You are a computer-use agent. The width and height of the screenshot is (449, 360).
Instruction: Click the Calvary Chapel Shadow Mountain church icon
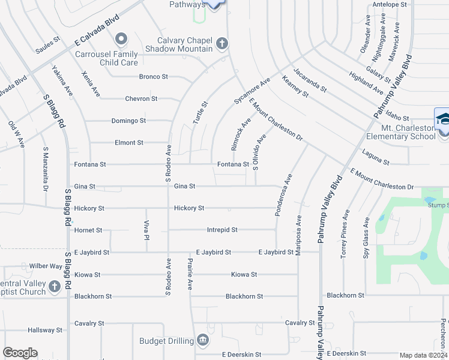[x=222, y=43]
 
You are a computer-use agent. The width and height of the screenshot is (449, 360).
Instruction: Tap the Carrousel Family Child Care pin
[x=121, y=40]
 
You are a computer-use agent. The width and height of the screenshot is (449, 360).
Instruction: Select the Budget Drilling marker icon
[x=203, y=341]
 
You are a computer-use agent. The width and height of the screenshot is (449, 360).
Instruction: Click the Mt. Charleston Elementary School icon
[x=442, y=118]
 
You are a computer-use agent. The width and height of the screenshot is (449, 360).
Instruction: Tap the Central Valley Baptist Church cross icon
[x=55, y=286]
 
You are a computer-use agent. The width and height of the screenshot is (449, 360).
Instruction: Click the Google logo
[x=20, y=353]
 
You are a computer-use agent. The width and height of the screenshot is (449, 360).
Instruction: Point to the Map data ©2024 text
[x=423, y=355]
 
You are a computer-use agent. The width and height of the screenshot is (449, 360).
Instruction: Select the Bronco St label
[x=153, y=77]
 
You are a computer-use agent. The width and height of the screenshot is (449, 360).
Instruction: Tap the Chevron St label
[x=141, y=98]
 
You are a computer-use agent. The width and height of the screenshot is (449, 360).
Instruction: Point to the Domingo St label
[x=128, y=121]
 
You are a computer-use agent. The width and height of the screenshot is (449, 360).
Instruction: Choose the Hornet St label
[x=88, y=230]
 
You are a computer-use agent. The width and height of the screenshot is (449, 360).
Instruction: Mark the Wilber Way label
[x=46, y=266]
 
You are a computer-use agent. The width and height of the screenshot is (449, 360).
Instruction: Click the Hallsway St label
[x=44, y=330]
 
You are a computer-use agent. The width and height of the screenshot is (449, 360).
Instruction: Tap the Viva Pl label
[x=146, y=229]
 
